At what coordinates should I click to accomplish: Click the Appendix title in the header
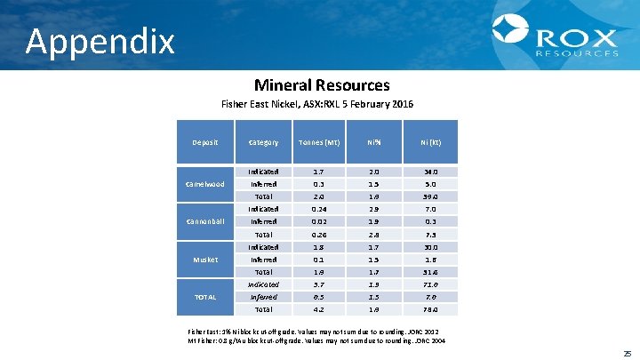100,41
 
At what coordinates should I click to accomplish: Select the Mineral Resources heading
322,85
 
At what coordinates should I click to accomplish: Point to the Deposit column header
205,142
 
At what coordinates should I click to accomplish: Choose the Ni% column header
375,142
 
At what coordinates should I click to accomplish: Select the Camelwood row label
205,184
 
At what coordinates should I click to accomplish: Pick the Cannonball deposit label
205,221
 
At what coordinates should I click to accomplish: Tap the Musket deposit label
205,260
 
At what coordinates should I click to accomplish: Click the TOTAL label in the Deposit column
205,297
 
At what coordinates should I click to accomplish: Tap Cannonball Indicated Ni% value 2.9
375,209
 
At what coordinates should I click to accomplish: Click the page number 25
628,353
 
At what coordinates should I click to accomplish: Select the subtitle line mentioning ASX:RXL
316,104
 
